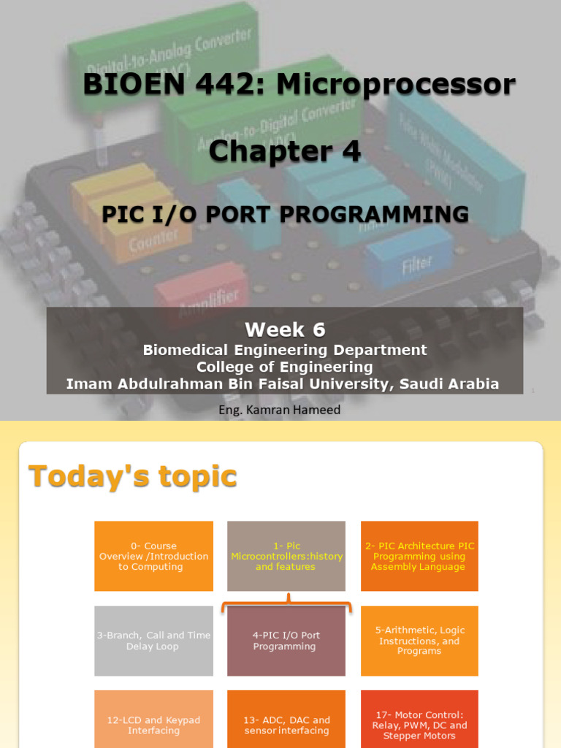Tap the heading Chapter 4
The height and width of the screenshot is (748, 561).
point(285,151)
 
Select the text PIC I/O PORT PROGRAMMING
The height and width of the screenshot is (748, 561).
point(285,214)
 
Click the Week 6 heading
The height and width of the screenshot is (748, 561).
point(285,330)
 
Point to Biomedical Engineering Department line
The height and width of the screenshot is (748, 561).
point(285,350)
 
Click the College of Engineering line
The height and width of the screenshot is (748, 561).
point(285,367)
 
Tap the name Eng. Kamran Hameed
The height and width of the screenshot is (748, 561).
point(280,410)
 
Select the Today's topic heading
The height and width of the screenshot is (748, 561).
point(132,476)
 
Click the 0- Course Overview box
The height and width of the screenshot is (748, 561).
point(153,556)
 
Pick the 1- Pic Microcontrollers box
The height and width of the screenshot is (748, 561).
point(286,556)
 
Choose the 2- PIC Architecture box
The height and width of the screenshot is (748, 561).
point(419,556)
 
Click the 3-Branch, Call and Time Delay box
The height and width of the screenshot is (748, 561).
point(153,641)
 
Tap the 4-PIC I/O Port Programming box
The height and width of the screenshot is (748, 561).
point(286,641)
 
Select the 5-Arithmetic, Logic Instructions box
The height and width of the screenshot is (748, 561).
point(419,641)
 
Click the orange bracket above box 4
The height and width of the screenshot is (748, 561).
point(286,604)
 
